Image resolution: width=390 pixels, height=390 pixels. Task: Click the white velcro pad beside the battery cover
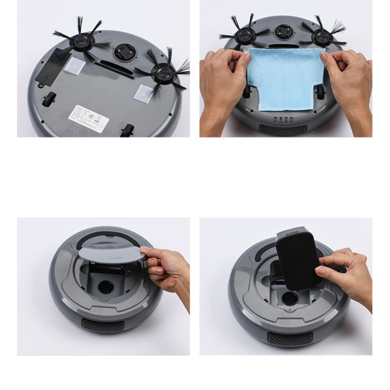tap(74, 65)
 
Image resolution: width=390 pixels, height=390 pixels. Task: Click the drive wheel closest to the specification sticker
tap(126, 130)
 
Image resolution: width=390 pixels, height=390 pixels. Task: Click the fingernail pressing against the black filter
tap(319, 271)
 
